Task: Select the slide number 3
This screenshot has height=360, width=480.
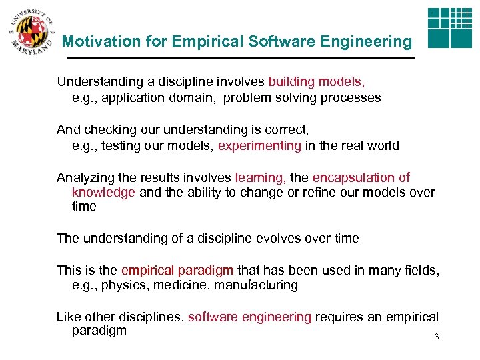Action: tap(437, 337)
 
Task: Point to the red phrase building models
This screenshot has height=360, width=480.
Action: tap(317, 82)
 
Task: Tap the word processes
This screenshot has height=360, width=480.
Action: tap(352, 98)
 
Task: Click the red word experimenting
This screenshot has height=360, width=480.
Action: tap(259, 145)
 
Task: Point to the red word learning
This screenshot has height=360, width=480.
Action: tap(261, 177)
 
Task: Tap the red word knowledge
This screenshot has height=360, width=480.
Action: tap(104, 192)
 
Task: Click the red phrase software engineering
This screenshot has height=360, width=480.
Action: tap(249, 317)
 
